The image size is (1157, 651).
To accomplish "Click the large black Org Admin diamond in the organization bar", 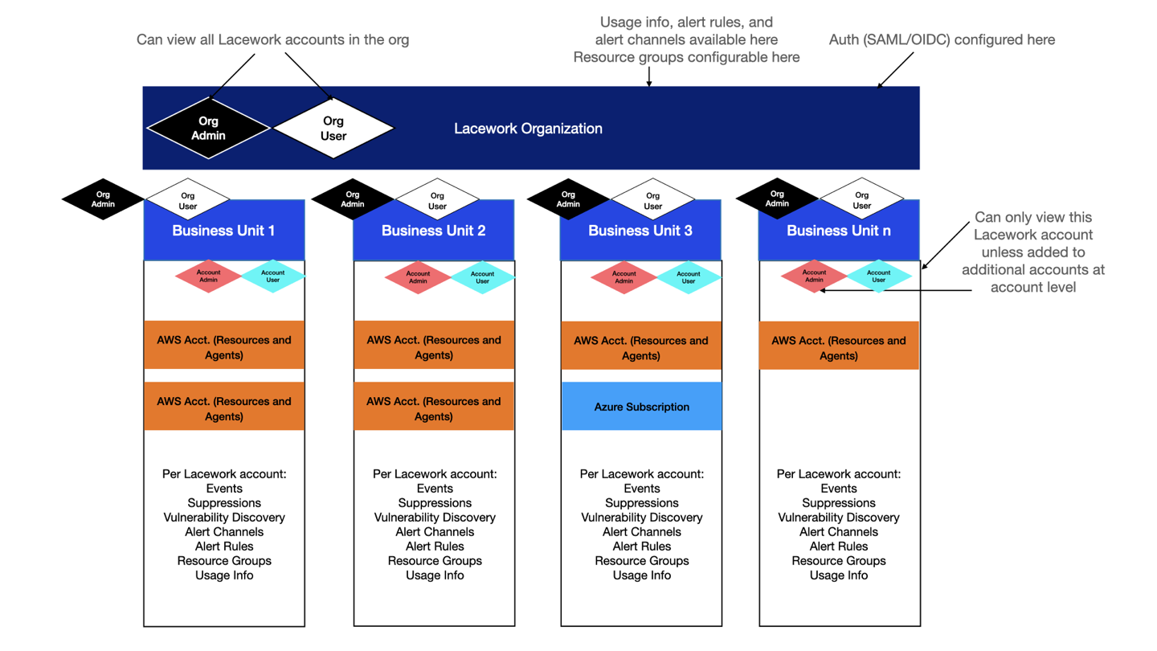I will tap(208, 129).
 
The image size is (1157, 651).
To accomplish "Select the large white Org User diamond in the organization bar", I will tap(333, 129).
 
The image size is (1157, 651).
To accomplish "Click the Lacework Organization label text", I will tap(528, 129).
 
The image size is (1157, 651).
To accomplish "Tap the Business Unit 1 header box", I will tap(223, 231).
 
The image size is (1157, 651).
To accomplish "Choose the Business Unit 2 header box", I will tap(433, 231).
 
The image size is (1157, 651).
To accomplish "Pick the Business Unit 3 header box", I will tap(640, 231).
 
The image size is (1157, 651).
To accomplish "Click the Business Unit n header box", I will tap(838, 231).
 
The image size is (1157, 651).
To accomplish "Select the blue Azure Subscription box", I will tap(641, 407).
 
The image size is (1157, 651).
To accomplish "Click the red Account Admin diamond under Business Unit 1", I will tap(208, 276).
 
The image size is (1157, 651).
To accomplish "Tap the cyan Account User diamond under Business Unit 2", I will tap(482, 276).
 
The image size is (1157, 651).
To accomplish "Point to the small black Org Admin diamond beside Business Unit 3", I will tap(568, 199).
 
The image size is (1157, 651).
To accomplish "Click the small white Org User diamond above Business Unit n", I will tap(861, 199).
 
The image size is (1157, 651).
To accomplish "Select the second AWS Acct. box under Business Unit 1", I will tap(223, 408).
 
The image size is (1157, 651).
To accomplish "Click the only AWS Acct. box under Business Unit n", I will tap(838, 348).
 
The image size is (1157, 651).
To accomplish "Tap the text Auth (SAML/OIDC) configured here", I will tap(942, 39).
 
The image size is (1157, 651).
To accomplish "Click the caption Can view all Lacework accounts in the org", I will tap(272, 39).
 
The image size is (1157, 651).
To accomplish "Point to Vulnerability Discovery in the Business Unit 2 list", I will tap(435, 518).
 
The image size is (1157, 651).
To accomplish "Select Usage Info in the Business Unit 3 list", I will tap(641, 575).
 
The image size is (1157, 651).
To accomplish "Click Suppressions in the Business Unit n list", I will tap(838, 503).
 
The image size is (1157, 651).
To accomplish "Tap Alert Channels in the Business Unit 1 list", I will tap(224, 532).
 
